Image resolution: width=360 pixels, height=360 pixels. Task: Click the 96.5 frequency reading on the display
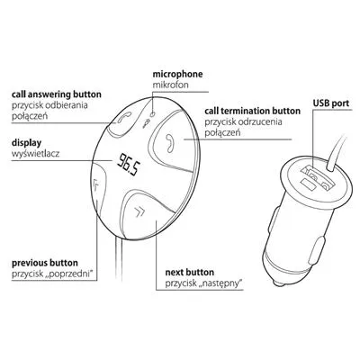click(x=129, y=165)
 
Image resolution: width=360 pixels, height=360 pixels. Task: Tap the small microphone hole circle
click(x=153, y=113)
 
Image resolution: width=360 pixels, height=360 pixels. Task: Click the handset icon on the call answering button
click(x=124, y=117)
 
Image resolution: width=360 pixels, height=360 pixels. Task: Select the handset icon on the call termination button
click(x=170, y=142)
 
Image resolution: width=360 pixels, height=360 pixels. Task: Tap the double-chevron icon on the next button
click(x=139, y=211)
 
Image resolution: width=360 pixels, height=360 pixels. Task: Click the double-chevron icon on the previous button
click(x=96, y=184)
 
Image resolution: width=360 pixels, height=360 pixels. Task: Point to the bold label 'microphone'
click(x=177, y=75)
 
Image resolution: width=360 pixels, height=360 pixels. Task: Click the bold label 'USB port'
click(x=331, y=103)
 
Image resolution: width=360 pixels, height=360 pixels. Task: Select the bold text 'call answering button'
click(x=57, y=94)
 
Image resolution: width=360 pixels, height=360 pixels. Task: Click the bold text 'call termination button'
click(x=253, y=111)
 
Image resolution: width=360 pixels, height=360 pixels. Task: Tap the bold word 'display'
click(x=27, y=143)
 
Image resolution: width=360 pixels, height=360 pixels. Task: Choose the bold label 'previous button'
click(x=45, y=263)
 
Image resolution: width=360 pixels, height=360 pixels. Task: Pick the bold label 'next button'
click(x=190, y=273)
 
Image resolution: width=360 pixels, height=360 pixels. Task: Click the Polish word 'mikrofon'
click(x=171, y=85)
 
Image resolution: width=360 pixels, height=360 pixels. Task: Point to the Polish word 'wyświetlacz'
click(x=36, y=154)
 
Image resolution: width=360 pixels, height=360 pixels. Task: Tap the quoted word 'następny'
click(x=220, y=283)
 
